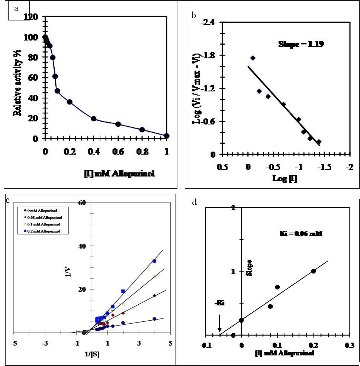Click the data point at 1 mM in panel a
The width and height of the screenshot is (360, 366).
[166, 136]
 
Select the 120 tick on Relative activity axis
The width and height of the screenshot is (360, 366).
[31, 17]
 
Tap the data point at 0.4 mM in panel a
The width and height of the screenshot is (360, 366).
[94, 119]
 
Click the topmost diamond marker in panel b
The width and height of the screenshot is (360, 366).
[253, 58]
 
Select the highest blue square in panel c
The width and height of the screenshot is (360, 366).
[154, 261]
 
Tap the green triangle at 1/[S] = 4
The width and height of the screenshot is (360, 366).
[155, 276]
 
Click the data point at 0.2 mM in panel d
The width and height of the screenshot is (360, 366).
[314, 271]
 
